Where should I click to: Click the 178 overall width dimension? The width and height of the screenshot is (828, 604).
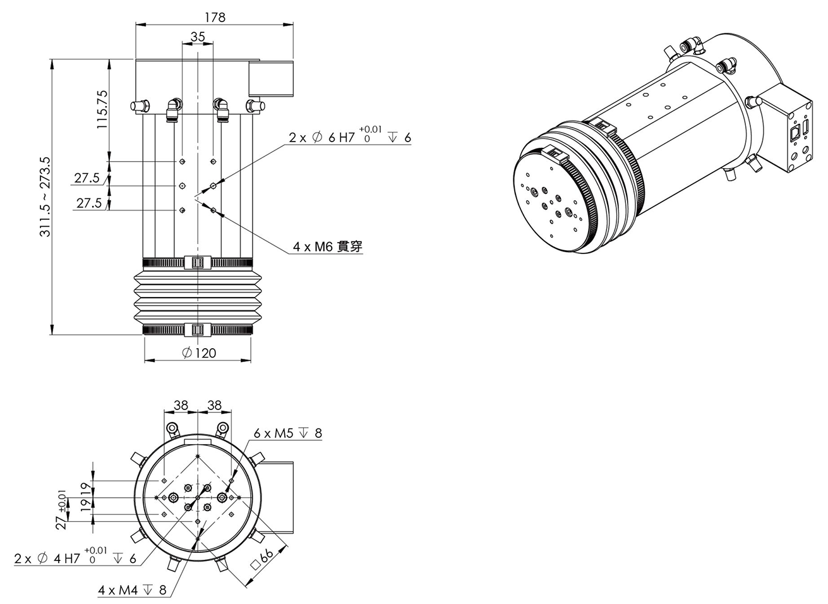pos(215,17)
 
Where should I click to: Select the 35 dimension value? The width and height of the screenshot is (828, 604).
pos(198,37)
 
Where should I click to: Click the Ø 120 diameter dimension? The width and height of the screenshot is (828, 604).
pos(199,353)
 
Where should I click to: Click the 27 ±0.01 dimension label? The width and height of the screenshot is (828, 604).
pos(61,509)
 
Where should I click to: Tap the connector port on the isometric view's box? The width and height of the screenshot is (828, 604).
pos(795,132)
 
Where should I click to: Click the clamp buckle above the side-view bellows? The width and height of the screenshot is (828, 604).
pos(196,262)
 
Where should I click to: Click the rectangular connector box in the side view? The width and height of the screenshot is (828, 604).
pos(272,79)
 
